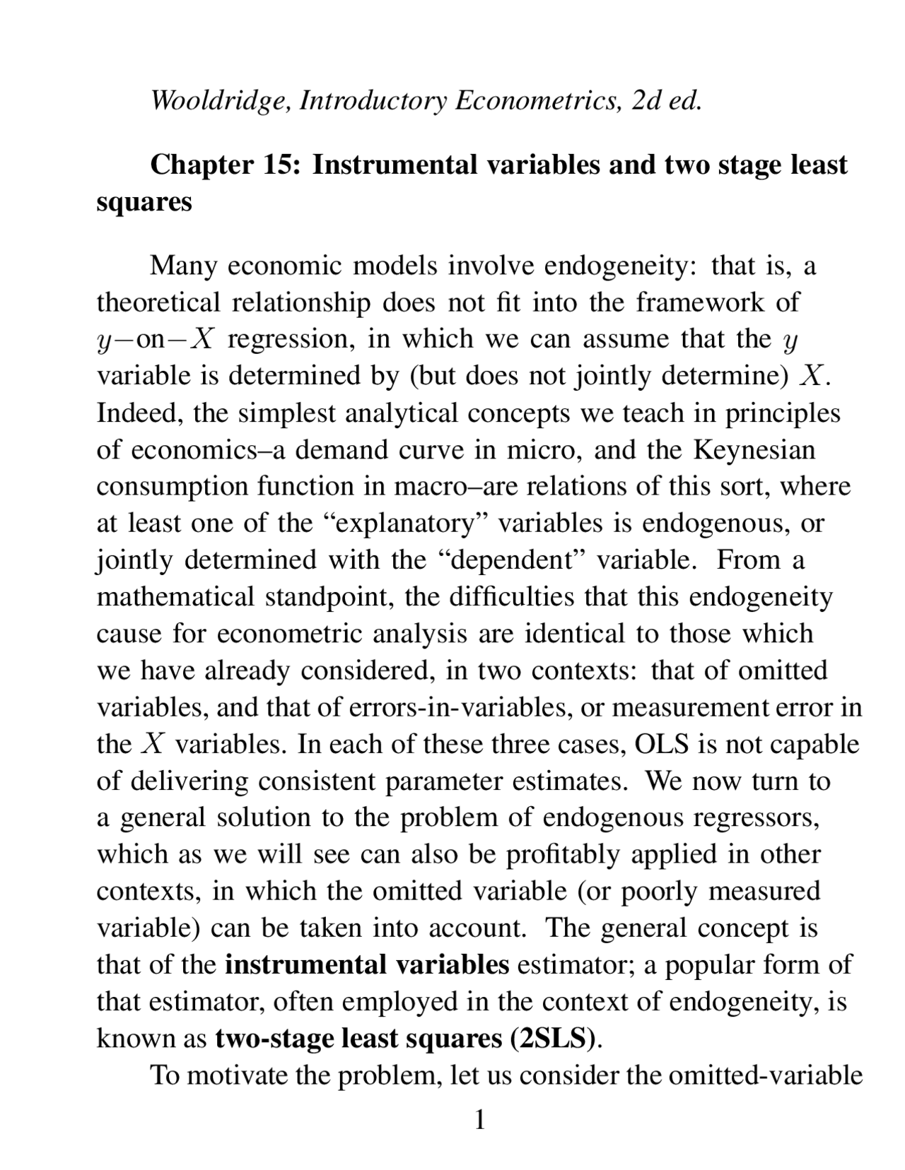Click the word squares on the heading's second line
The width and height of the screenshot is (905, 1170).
pyautogui.click(x=144, y=202)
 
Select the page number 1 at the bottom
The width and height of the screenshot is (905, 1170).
pyautogui.click(x=479, y=1120)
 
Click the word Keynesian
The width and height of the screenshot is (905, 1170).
pyautogui.click(x=754, y=450)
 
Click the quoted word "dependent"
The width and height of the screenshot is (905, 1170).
pyautogui.click(x=505, y=560)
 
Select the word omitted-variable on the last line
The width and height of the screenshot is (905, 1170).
pyautogui.click(x=765, y=1075)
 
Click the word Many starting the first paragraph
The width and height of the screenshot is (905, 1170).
pyautogui.click(x=184, y=266)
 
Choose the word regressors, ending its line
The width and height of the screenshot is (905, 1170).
pyautogui.click(x=757, y=817)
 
